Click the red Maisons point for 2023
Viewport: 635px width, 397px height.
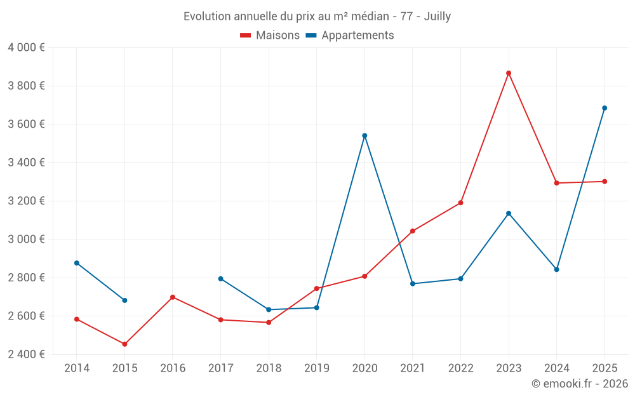pyautogui.click(x=509, y=73)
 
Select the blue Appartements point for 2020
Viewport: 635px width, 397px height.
pyautogui.click(x=364, y=135)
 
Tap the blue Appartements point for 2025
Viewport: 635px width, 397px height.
pyautogui.click(x=605, y=108)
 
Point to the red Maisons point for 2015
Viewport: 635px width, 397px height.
pyautogui.click(x=124, y=344)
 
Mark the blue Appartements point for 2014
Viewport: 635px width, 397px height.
pyautogui.click(x=77, y=263)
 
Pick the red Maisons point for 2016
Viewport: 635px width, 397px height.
pyautogui.click(x=173, y=297)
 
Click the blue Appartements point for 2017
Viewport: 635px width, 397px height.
pyautogui.click(x=220, y=279)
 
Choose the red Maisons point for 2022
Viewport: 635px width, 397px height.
pyautogui.click(x=460, y=203)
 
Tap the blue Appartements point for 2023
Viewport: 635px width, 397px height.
pyautogui.click(x=509, y=213)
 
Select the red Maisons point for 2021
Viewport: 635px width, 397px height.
pyautogui.click(x=413, y=231)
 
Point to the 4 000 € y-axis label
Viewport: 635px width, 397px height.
pyautogui.click(x=26, y=48)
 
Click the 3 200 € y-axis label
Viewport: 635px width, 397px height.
pyautogui.click(x=26, y=201)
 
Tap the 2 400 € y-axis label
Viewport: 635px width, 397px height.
pyautogui.click(x=26, y=354)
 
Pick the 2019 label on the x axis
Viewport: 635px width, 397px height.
pyautogui.click(x=316, y=368)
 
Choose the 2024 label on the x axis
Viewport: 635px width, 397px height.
pyautogui.click(x=556, y=368)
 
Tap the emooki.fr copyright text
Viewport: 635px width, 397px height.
pyautogui.click(x=580, y=384)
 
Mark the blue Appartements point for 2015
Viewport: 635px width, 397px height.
pyautogui.click(x=124, y=300)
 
